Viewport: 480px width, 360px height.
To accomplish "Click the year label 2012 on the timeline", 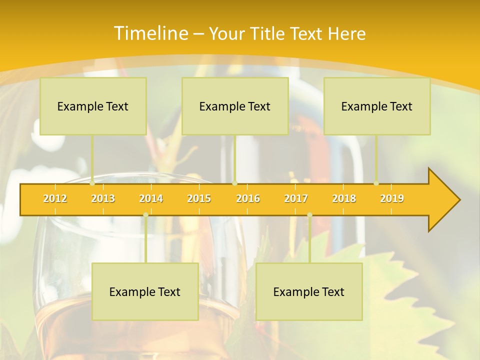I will (55, 198).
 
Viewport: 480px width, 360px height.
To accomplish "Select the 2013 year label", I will (103, 198).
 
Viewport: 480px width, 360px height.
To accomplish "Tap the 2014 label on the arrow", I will (151, 198).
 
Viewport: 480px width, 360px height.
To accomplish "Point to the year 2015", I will (199, 198).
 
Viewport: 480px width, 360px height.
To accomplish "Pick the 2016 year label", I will (248, 198).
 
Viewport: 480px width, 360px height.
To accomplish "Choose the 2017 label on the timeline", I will (296, 198).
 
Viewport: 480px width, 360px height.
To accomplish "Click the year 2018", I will (344, 198).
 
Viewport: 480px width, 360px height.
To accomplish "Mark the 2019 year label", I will (392, 198).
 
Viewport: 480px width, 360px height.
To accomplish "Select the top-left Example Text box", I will (93, 106).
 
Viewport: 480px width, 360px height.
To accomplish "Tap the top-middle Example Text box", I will (235, 106).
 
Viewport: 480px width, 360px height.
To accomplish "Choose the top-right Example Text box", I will (377, 106).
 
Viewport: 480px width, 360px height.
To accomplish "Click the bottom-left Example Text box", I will (145, 291).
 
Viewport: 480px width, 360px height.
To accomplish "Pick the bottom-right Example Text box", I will (309, 291).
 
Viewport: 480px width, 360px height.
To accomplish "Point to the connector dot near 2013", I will (92, 183).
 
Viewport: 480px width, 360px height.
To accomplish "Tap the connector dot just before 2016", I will (234, 183).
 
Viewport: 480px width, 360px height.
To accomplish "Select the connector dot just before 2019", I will (376, 183).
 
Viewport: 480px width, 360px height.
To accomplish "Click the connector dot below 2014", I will (145, 215).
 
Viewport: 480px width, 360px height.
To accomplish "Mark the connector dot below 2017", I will (309, 215).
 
